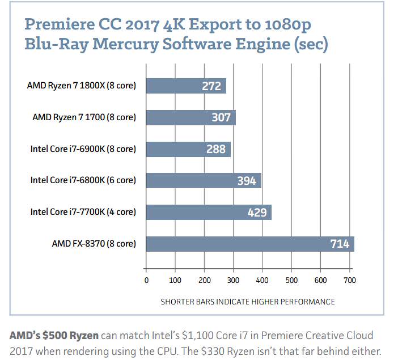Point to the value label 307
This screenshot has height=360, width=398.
pos(221,117)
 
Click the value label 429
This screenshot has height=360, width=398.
pos(258,212)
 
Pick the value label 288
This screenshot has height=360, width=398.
pos(216,149)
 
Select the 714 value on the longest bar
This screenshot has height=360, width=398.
pos(340,244)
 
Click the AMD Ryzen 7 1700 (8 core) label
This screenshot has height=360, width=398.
pos(84,117)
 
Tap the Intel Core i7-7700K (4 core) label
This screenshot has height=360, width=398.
pos(83,212)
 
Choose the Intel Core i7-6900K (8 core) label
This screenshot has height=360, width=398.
pos(83,149)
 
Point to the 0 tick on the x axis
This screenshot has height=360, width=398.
pos(146,280)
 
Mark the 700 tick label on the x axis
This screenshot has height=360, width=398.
pos(350,280)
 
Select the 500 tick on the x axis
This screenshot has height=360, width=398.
pos(291,280)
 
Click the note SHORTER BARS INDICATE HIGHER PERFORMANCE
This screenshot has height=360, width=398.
pos(248,301)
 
